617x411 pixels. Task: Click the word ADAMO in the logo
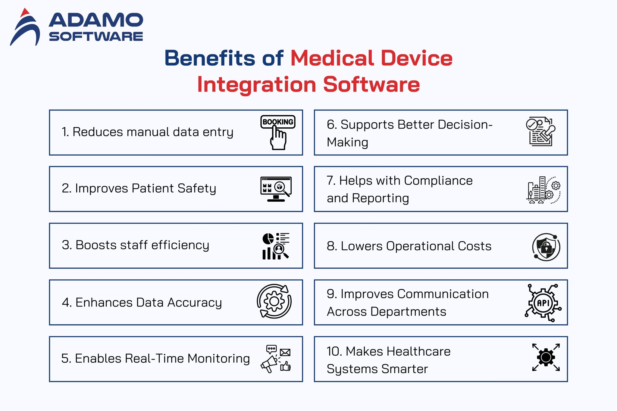(96, 20)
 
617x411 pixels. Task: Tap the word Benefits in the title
(209, 58)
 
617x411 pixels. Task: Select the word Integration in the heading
(256, 84)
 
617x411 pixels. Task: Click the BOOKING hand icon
(278, 132)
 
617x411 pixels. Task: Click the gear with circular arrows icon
(274, 301)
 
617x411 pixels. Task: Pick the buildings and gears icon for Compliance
(543, 190)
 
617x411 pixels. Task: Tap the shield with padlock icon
(546, 247)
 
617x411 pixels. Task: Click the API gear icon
(543, 303)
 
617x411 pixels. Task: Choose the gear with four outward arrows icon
(546, 357)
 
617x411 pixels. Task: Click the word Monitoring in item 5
(218, 359)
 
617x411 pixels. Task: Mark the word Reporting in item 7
(380, 198)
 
